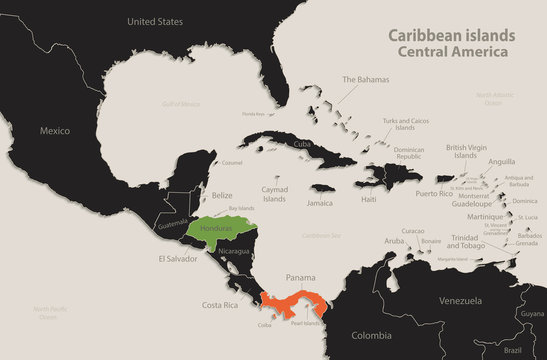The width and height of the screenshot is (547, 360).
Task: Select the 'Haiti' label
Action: click(369, 200)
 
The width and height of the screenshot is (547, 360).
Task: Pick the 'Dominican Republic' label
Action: click(410, 155)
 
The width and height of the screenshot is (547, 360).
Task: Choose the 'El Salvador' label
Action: click(173, 258)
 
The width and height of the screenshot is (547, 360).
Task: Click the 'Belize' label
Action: click(223, 196)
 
